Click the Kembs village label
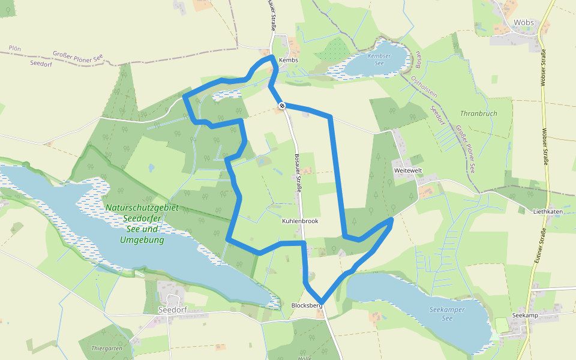click(288, 60)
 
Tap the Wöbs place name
click(523, 23)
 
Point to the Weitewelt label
click(408, 171)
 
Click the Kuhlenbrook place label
click(300, 221)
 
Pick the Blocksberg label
click(307, 305)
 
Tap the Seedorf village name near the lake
click(172, 310)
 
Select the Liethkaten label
click(548, 211)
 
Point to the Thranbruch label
click(479, 113)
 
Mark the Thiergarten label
click(107, 348)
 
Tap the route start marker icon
click(281, 106)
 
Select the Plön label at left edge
click(15, 48)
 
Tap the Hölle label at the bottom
click(305, 358)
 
